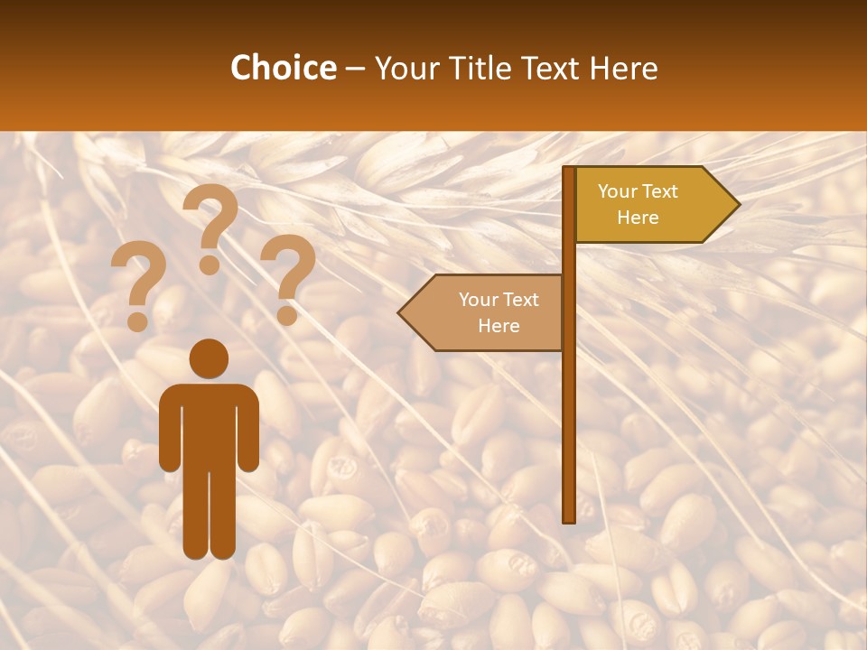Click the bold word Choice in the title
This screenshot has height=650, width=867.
283,69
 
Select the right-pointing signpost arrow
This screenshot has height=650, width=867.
650,205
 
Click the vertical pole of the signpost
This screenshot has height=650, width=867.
569,406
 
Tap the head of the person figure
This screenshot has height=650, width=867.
209,358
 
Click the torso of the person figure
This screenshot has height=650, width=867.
209,424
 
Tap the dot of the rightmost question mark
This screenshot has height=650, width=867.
287,316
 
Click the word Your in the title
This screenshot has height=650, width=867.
406,69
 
